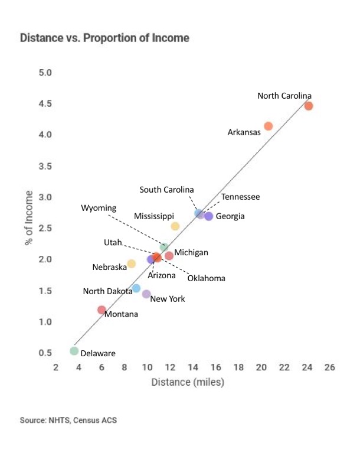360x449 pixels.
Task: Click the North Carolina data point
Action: [x=308, y=106]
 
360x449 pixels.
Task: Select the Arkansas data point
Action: [x=269, y=126]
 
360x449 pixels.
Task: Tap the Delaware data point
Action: [x=74, y=351]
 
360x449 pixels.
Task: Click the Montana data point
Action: [x=102, y=310]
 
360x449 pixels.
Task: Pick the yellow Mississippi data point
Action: [x=175, y=226]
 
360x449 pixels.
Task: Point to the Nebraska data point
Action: [x=131, y=263]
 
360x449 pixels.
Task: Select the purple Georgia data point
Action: [x=208, y=216]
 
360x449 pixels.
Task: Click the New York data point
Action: [x=146, y=294]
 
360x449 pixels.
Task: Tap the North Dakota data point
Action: [x=136, y=288]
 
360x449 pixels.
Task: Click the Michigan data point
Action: [x=169, y=256]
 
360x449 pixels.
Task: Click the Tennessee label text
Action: [x=240, y=197]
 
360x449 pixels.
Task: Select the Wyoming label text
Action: [x=99, y=208]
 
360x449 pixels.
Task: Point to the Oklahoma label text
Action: [x=206, y=278]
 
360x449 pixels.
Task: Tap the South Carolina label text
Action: [x=166, y=190]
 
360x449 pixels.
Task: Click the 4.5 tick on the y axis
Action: [x=45, y=104]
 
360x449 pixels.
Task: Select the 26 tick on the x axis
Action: [x=330, y=367]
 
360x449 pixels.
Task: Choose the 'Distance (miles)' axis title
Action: [x=188, y=382]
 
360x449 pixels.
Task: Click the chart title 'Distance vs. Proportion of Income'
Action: [x=104, y=38]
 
